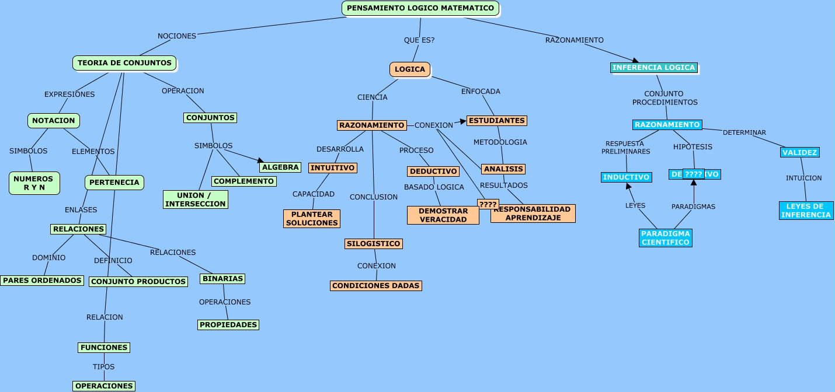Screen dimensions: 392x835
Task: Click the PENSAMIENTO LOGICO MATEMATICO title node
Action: (x=420, y=8)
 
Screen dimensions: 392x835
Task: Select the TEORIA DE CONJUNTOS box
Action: (x=124, y=63)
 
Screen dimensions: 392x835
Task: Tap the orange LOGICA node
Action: (x=410, y=69)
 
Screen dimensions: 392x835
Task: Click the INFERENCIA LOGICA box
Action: (x=653, y=68)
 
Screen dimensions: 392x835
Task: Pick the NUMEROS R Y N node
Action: (x=34, y=183)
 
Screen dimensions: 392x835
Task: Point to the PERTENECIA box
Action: (x=114, y=183)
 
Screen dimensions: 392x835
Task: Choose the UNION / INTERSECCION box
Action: (x=195, y=199)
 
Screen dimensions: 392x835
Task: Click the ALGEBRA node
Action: (x=280, y=167)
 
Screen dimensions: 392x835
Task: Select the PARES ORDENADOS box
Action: (x=42, y=281)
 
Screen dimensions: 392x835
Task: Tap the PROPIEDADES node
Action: (x=228, y=325)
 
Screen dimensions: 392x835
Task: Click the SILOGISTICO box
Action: (x=373, y=244)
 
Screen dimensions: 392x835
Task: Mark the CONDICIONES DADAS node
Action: (x=375, y=286)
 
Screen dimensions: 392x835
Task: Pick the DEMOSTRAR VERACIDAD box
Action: (x=443, y=215)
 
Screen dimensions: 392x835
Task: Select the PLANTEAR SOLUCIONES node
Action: (x=312, y=219)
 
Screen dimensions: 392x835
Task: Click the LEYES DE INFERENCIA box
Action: (x=806, y=211)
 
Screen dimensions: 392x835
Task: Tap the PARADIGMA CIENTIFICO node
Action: (x=665, y=238)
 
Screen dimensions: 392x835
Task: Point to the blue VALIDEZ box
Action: (x=799, y=153)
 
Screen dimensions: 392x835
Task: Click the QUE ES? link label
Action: (x=419, y=40)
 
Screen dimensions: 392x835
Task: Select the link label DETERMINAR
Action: (x=744, y=132)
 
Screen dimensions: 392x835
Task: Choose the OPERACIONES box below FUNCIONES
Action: (x=104, y=386)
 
